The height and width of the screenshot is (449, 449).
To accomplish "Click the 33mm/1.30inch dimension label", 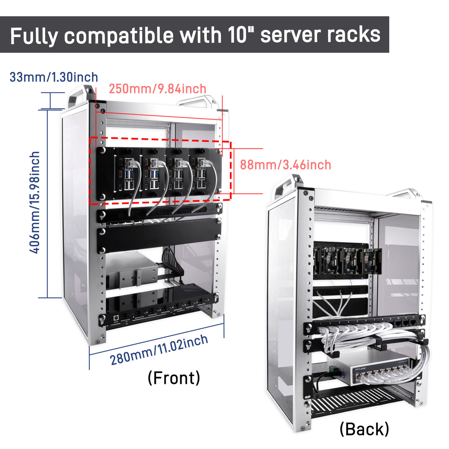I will pos(54,77).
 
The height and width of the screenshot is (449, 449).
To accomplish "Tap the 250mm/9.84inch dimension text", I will pos(157,89).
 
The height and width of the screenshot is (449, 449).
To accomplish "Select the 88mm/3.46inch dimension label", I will pos(286,165).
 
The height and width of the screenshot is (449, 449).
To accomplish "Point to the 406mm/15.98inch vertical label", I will pos(35,202).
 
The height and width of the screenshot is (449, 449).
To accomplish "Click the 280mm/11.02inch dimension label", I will pos(159,350).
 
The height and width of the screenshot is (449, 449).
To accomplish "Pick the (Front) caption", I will pos(174,378).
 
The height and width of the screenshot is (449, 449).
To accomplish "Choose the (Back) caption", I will pos(364,429).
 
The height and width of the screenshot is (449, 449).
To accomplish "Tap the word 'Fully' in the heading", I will pos(34,36).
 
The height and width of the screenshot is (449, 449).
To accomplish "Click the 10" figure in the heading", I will pos(240,34).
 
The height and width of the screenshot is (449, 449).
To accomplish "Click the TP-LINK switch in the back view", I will pos(374,370).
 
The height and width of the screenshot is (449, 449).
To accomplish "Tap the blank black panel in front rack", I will pos(159,236).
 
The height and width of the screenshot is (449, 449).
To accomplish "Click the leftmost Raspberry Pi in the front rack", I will pos(128,174).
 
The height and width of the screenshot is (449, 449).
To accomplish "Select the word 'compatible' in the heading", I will pos(119,35).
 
